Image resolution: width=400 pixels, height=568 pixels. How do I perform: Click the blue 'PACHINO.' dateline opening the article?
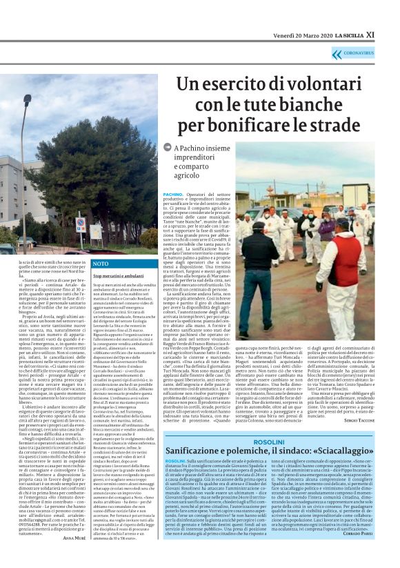pyautogui.click(x=174, y=195)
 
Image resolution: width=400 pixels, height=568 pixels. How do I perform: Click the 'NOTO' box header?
pyautogui.click(x=101, y=264)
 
